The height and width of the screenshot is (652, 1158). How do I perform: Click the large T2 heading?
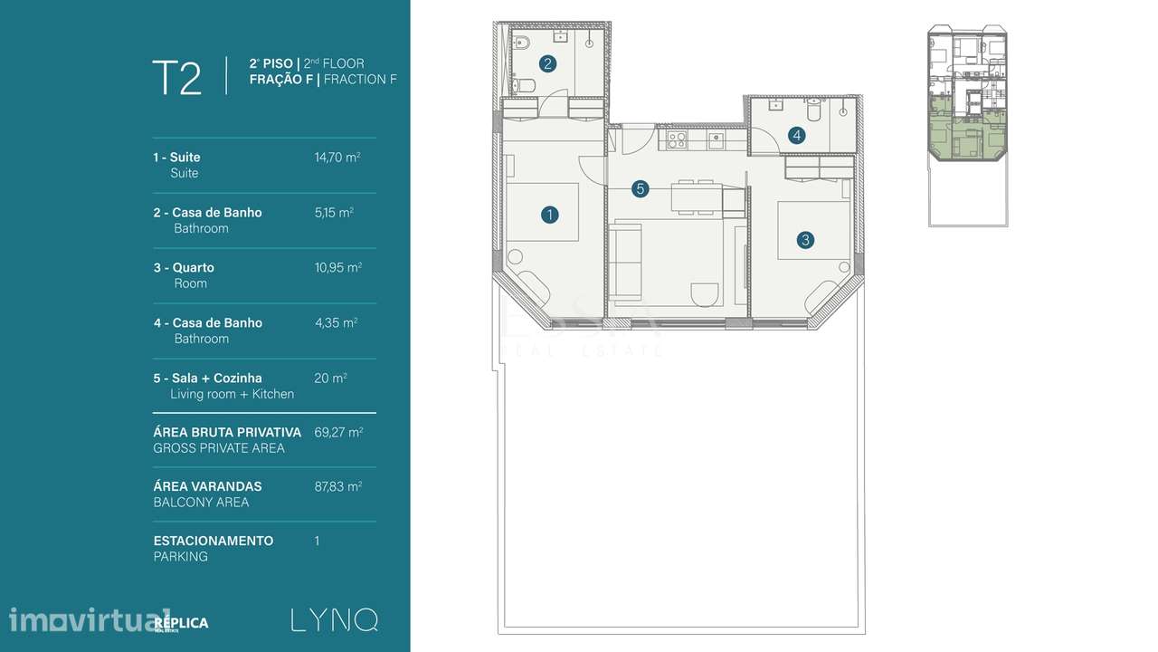177,78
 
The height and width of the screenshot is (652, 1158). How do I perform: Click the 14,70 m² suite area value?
337,158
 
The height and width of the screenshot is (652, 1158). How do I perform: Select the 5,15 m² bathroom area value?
333,213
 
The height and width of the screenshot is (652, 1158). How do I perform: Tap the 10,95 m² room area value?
337,268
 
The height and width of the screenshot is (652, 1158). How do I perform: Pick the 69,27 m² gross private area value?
337,433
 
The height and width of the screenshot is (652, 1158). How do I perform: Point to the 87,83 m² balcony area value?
337,486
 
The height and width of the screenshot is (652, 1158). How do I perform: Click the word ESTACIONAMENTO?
214,541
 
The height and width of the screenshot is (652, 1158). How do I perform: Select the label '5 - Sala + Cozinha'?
207,378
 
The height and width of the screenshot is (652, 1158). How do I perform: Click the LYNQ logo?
334,620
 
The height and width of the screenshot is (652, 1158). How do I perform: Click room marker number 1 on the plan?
548,215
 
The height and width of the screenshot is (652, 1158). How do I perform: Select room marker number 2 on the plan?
546,63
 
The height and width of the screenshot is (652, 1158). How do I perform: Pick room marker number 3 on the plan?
805,240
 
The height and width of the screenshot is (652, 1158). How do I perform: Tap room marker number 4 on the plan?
796,136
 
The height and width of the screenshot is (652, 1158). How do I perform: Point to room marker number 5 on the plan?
640,189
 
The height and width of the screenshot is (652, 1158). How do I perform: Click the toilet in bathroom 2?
525,87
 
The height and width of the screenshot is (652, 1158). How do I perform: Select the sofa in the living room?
623,263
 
